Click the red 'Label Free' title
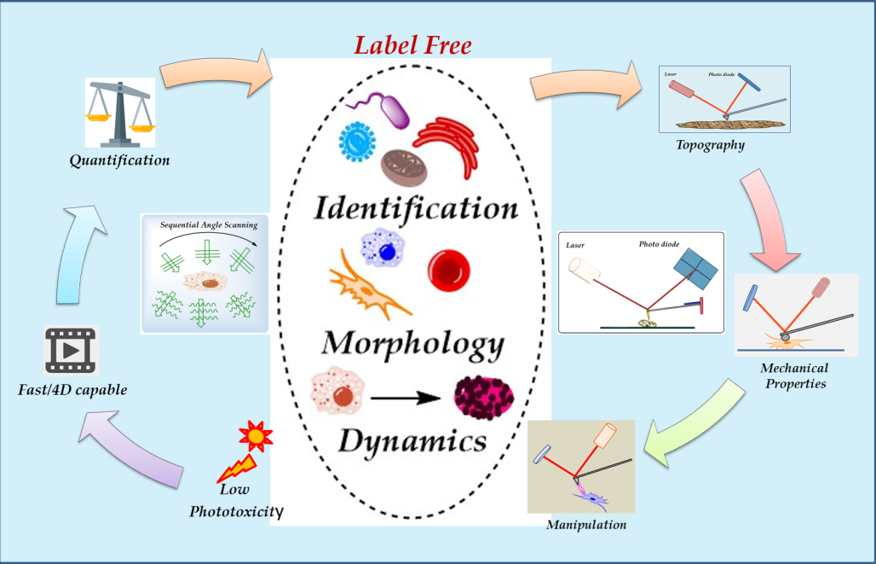412,44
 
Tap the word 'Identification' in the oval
415,207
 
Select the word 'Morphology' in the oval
412,343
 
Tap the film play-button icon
72,351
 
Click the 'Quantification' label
120,160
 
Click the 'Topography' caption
710,144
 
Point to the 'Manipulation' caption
586,524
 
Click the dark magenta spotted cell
484,396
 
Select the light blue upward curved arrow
78,256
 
